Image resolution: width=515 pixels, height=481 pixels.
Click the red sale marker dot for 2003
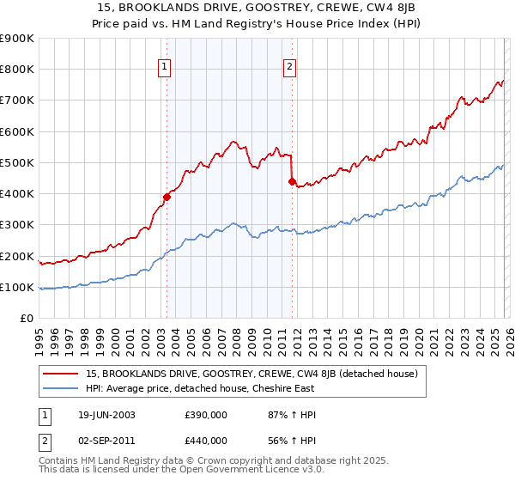click(167, 197)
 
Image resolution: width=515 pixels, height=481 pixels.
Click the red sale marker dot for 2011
click(292, 181)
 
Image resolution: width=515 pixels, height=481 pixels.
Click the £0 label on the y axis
click(26, 319)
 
